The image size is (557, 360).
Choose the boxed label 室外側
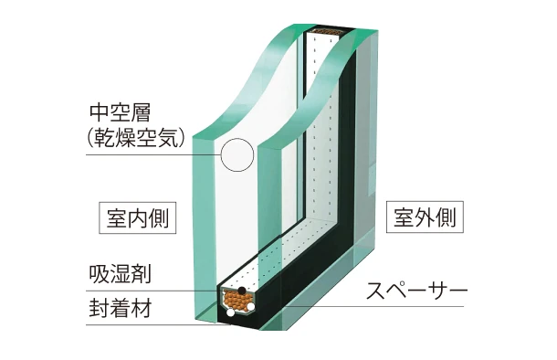425,217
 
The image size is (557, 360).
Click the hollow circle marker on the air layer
237,156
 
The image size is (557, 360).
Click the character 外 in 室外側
425,217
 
